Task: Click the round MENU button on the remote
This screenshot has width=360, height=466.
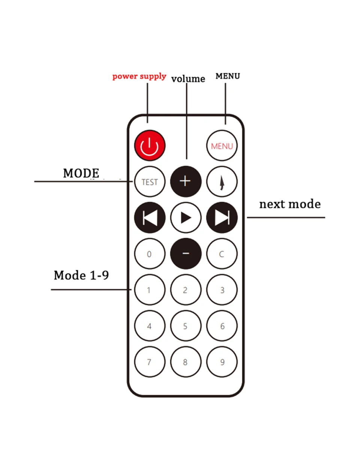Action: [222, 146]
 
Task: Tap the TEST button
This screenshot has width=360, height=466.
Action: [150, 182]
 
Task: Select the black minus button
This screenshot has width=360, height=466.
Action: [186, 254]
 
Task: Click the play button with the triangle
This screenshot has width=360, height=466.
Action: [186, 218]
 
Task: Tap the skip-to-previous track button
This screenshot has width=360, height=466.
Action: [150, 218]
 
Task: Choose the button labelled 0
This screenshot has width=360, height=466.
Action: [150, 254]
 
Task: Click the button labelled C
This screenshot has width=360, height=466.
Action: [222, 254]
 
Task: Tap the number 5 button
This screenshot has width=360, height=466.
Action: [186, 326]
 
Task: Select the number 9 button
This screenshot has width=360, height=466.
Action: [222, 362]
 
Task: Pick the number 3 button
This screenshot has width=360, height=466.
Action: [222, 290]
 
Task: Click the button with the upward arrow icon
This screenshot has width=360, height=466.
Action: [222, 182]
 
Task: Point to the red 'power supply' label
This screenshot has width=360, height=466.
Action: [139, 76]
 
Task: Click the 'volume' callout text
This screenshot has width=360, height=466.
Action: [188, 79]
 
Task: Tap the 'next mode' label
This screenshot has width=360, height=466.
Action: [290, 204]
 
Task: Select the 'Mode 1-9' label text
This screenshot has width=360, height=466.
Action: [81, 275]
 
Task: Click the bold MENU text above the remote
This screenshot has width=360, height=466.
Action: [228, 76]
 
